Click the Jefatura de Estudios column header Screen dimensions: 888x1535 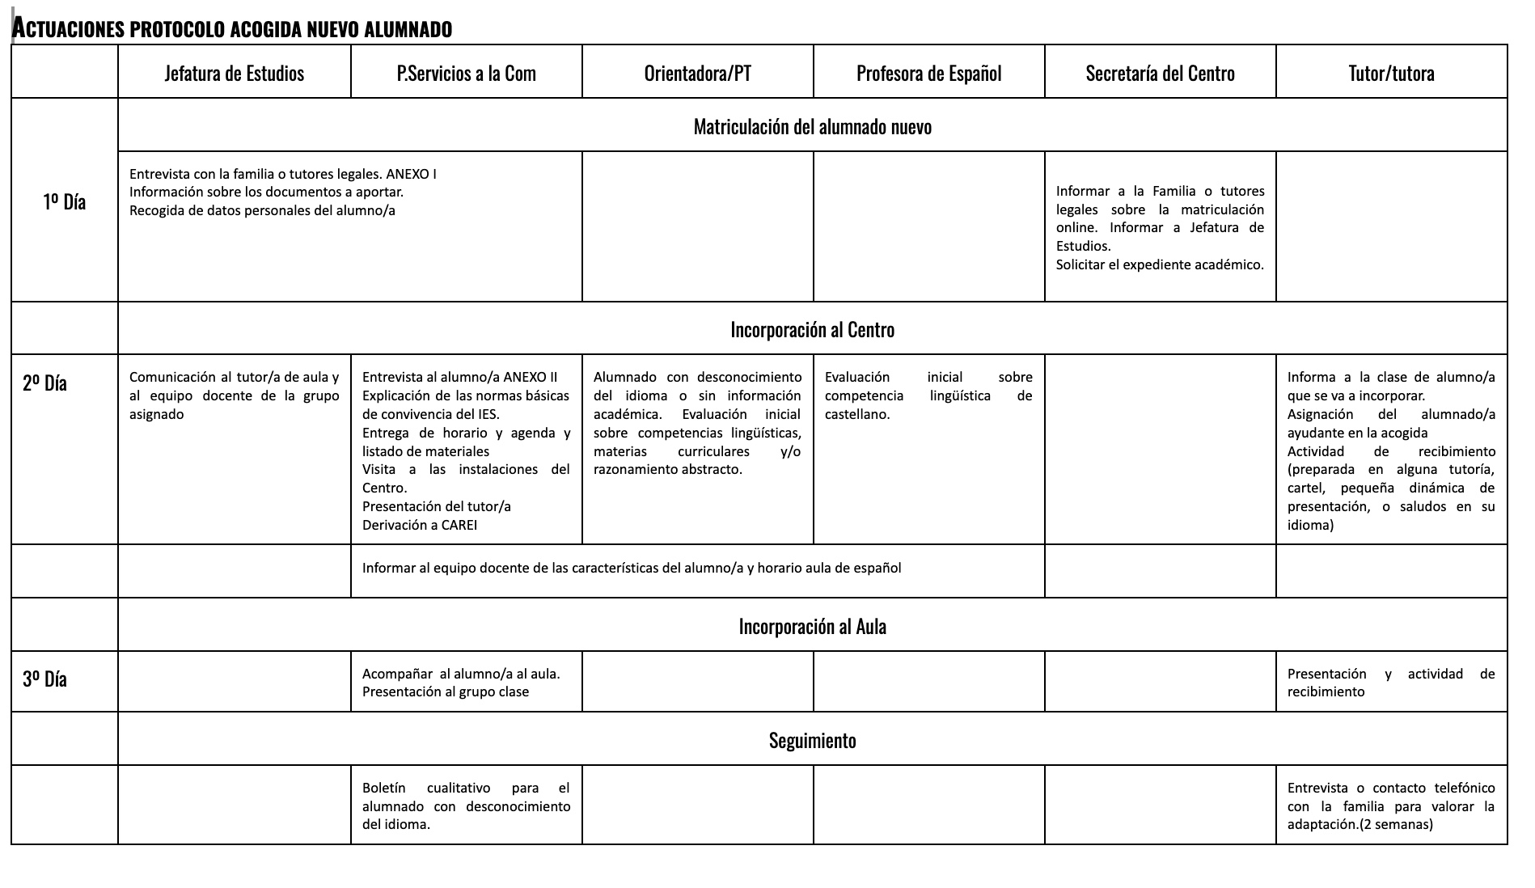[x=234, y=74]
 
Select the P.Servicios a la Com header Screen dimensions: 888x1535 [x=466, y=74]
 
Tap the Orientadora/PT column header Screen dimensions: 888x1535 [x=697, y=74]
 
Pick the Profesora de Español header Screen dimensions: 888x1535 [x=928, y=74]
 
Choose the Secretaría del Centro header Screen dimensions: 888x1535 [x=1160, y=74]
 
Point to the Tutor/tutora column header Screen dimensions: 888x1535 [x=1391, y=74]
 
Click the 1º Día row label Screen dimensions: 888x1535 [x=64, y=201]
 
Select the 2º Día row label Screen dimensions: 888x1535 [x=44, y=383]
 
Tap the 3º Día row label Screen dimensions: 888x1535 [x=44, y=679]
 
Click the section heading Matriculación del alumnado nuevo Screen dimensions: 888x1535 [x=812, y=127]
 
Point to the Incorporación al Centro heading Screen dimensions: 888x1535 [x=812, y=330]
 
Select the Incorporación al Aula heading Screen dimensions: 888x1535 [x=812, y=627]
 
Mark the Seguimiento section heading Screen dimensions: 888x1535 [x=812, y=741]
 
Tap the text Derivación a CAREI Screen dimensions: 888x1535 [x=419, y=525]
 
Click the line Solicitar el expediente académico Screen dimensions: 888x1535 [x=1160, y=264]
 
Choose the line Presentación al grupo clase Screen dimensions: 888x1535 [x=445, y=691]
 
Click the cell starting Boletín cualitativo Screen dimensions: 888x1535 [x=466, y=806]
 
